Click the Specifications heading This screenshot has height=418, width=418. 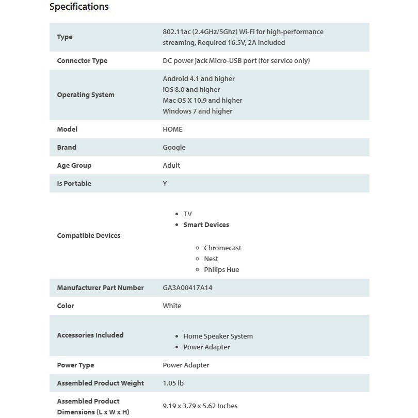click(x=79, y=7)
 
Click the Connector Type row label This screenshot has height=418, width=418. click(x=82, y=61)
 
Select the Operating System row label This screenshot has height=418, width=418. click(x=86, y=95)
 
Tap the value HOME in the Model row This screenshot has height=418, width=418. click(x=172, y=130)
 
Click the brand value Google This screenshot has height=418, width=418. click(x=174, y=148)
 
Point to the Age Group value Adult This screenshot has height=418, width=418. click(x=171, y=166)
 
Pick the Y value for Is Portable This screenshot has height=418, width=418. click(x=165, y=184)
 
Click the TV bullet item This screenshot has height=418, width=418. click(x=187, y=214)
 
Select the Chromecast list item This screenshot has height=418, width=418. click(x=222, y=248)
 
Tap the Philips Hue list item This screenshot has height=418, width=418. click(x=221, y=270)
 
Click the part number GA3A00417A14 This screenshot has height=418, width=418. click(x=187, y=288)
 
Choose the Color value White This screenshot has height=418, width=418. click(x=172, y=306)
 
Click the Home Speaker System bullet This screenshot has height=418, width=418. click(x=218, y=336)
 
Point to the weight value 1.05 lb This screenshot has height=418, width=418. click(x=173, y=383)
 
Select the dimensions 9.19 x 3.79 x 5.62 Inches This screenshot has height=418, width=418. click(x=200, y=406)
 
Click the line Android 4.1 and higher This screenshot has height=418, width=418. click(x=199, y=79)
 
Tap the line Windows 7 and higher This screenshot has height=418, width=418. click(x=198, y=111)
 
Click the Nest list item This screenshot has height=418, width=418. click(x=211, y=259)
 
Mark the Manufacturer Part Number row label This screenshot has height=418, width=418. click(x=100, y=288)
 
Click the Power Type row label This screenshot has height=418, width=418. click(x=75, y=365)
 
